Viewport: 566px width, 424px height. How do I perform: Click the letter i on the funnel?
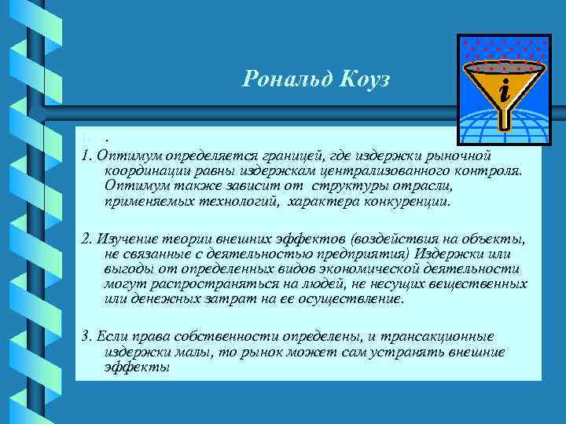(x=505, y=93)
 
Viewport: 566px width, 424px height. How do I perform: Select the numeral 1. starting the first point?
(x=85, y=152)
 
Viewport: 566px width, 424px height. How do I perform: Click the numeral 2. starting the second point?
(x=85, y=238)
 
